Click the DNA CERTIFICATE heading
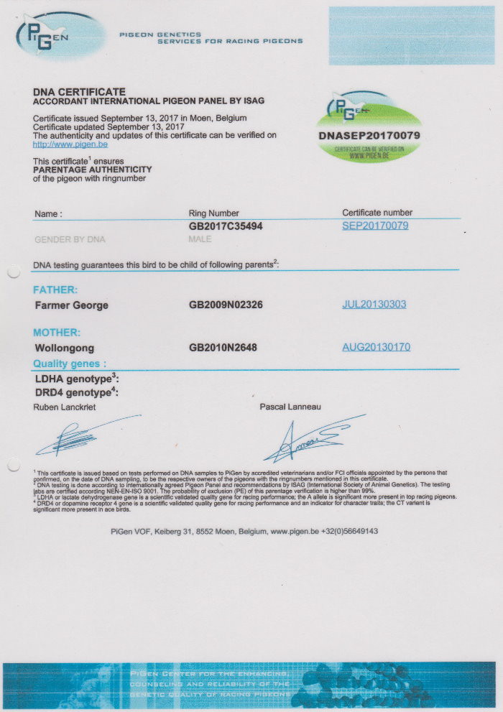79,92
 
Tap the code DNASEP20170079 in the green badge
369,135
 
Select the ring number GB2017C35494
225,226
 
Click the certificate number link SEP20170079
375,226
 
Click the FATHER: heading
55,290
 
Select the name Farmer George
72,305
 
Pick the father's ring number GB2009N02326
226,305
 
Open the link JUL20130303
374,305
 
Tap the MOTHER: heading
57,333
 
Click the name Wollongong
65,348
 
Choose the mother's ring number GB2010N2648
223,348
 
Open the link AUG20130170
376,347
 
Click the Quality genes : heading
70,364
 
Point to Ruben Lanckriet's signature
83,436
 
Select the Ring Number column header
213,213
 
